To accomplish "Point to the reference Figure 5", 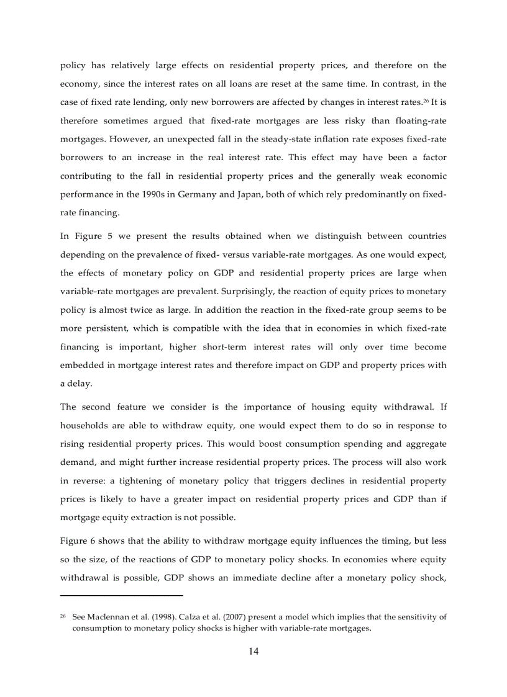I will [95, 236].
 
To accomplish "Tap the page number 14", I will [253, 651].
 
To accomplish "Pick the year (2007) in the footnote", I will [247, 617].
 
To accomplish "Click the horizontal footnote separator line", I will [122, 596].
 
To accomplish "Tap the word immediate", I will [244, 577].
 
